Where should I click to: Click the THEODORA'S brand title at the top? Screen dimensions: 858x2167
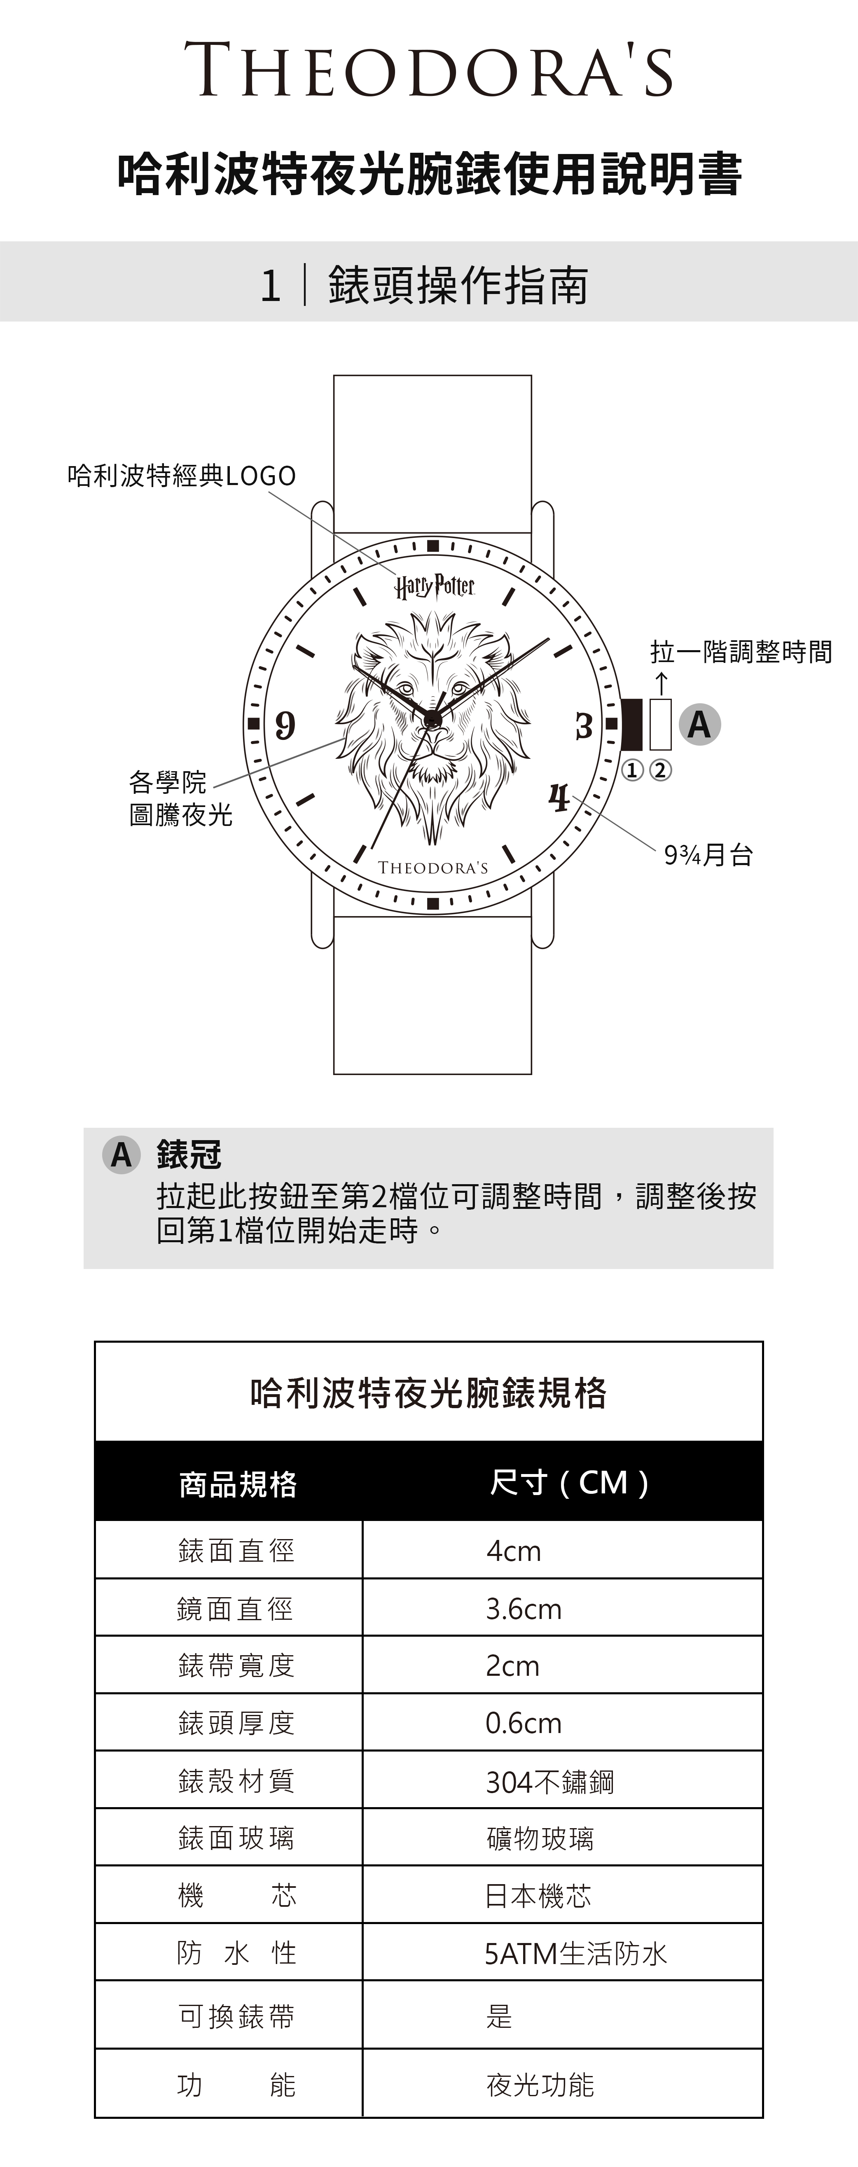429,71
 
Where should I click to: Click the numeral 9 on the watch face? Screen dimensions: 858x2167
285,724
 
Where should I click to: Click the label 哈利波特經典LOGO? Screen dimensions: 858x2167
182,476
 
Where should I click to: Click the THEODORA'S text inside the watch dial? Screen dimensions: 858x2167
433,868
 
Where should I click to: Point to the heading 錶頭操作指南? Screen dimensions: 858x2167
458,285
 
